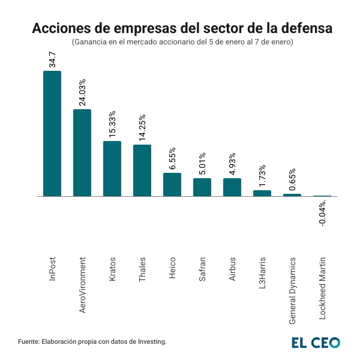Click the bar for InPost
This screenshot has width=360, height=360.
(x=52, y=134)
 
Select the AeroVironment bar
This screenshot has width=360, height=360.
(x=82, y=153)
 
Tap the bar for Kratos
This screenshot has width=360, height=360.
(x=112, y=169)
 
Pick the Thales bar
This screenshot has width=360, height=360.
(x=142, y=170)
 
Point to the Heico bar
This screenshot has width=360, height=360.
(x=172, y=185)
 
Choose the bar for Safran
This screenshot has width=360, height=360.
(x=202, y=187)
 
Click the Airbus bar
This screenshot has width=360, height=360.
(x=232, y=187)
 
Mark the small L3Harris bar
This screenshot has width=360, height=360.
(x=262, y=193)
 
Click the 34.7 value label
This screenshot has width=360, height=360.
(x=53, y=59)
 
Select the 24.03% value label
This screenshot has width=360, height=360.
(x=83, y=92)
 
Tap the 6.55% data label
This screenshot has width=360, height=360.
(x=173, y=158)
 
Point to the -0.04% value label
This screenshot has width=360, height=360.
(x=323, y=214)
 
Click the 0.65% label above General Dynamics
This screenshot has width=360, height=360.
(x=293, y=179)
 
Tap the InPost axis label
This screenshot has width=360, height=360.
(x=53, y=270)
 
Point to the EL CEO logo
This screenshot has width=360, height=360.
(x=316, y=342)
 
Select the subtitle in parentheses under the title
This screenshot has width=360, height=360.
(x=182, y=43)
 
